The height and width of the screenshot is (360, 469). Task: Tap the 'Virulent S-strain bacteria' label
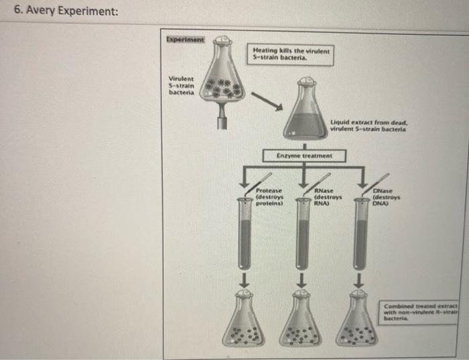pos(183,85)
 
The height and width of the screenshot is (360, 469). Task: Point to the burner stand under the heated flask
pos(223,117)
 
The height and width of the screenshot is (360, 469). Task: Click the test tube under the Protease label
pos(246,235)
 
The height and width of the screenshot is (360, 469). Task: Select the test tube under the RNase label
pos(304,235)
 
